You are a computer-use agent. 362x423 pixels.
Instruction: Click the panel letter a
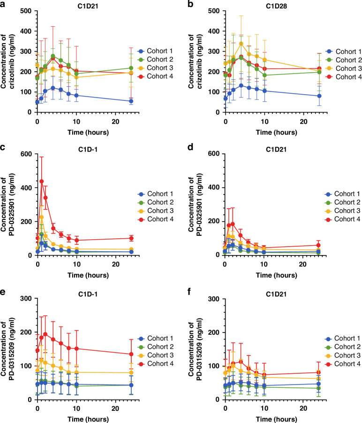3,4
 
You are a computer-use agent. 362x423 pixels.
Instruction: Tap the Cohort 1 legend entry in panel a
155,50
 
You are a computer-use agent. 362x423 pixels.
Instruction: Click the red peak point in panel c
41,181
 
